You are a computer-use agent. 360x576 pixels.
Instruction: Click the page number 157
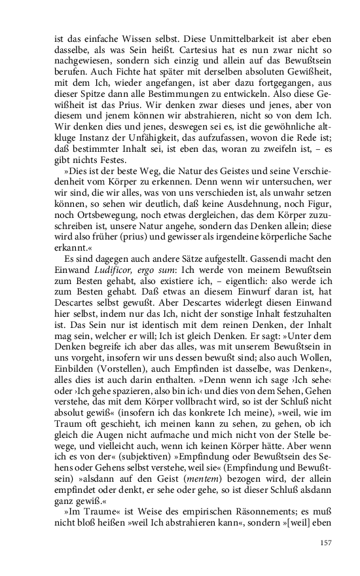tap(326, 543)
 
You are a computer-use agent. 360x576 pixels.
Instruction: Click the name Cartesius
tap(183, 56)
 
